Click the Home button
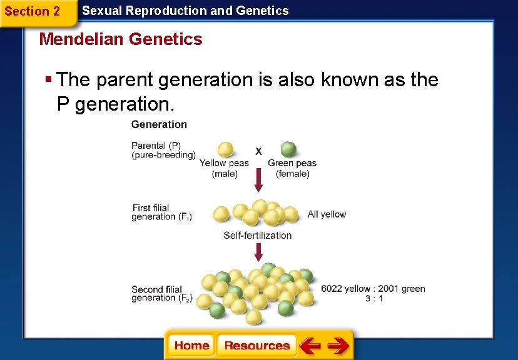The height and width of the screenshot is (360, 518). point(191,346)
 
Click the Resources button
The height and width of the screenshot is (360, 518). point(256,346)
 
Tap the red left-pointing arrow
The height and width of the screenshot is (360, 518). point(310,346)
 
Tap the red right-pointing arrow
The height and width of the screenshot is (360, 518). point(338,346)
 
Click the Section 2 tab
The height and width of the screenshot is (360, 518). point(33,11)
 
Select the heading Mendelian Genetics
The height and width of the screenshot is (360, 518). point(121,39)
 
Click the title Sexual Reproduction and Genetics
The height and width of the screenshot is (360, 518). point(185,11)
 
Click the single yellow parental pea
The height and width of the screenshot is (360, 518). point(225,150)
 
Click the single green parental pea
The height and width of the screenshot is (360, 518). point(288,150)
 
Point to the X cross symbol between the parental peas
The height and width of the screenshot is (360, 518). point(258,151)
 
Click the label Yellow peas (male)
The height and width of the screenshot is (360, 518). point(224,168)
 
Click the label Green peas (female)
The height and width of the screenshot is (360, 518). point(292,168)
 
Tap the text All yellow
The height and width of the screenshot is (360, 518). point(327,214)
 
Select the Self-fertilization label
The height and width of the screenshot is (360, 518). point(258,236)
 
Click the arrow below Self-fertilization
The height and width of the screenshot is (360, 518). point(258,252)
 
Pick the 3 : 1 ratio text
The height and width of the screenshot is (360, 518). point(374,299)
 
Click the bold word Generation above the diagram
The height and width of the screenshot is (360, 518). point(159,124)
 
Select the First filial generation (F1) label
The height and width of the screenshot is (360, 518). point(161,212)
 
